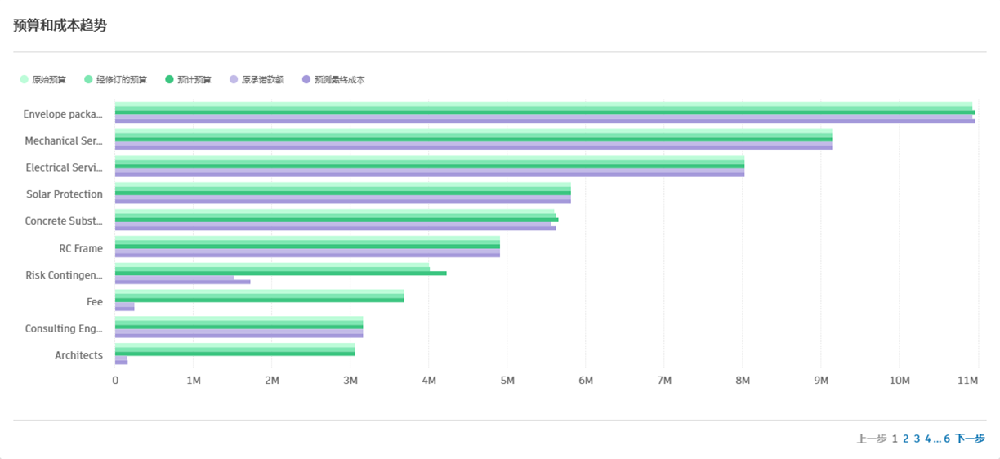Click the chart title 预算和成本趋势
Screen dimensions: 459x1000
[60, 25]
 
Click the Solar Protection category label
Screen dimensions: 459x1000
[65, 194]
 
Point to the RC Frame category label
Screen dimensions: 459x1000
[81, 248]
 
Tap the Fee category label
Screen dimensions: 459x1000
[95, 302]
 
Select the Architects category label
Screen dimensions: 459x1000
[78, 355]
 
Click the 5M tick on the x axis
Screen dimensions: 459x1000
[507, 381]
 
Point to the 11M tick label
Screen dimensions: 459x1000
[968, 381]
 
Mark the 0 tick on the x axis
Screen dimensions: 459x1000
[115, 381]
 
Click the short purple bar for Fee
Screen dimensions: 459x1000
[124, 308]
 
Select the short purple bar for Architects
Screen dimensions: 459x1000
[121, 361]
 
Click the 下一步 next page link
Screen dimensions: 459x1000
[970, 439]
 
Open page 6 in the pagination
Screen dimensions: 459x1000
[947, 439]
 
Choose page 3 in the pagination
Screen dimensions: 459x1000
[917, 439]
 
